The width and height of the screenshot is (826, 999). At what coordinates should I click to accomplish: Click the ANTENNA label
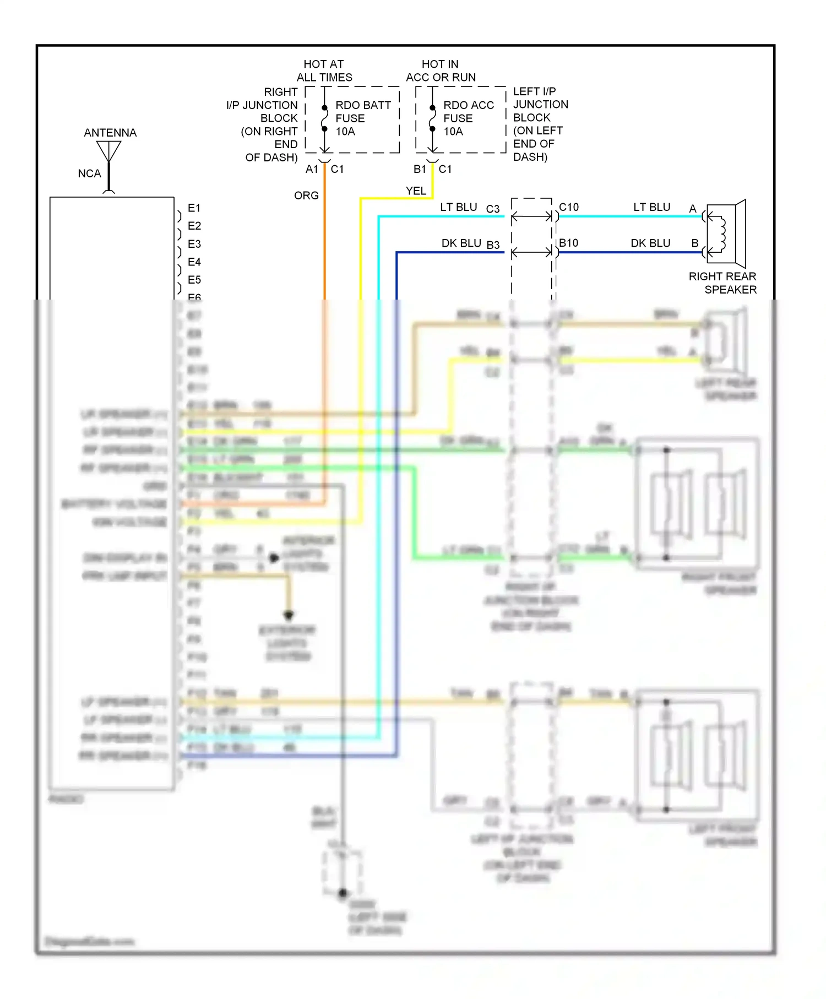(x=110, y=133)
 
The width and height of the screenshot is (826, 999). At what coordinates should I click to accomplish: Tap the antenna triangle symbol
(x=108, y=150)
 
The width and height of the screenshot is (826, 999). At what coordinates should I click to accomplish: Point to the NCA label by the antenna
(x=89, y=173)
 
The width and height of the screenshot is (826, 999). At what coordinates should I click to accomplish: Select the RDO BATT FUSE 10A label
(x=363, y=118)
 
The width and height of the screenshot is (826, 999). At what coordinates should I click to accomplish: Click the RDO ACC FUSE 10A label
(x=468, y=118)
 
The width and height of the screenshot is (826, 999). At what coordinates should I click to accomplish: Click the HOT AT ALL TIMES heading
(x=324, y=70)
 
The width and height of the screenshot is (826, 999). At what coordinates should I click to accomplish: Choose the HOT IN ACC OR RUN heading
(x=441, y=70)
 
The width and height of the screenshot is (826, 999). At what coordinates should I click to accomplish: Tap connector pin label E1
(x=194, y=208)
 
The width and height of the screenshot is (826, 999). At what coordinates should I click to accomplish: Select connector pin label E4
(x=194, y=262)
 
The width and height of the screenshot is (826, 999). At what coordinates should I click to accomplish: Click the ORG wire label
(x=306, y=196)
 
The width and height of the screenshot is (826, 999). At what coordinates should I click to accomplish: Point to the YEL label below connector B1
(x=416, y=191)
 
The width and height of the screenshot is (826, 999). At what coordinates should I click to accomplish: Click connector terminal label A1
(x=312, y=169)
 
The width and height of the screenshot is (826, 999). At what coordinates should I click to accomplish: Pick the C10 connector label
(x=569, y=207)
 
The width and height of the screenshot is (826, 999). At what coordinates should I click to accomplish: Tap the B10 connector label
(x=568, y=243)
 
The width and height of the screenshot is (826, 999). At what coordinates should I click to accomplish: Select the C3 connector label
(x=492, y=209)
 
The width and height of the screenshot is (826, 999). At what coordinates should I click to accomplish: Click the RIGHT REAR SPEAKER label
(x=722, y=283)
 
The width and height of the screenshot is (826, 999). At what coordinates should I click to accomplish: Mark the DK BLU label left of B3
(x=461, y=243)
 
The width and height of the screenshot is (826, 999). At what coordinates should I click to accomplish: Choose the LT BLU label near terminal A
(x=651, y=207)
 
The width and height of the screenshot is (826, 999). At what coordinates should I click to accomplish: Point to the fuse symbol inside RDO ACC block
(x=433, y=118)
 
